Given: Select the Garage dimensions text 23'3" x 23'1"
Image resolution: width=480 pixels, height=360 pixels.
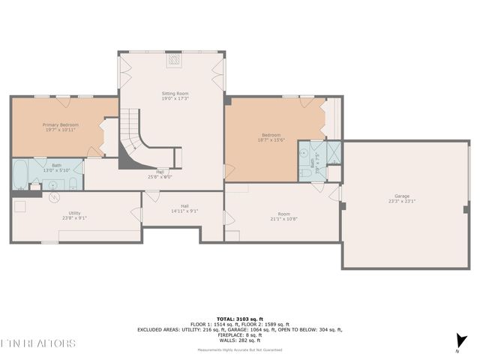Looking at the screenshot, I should click(401, 201).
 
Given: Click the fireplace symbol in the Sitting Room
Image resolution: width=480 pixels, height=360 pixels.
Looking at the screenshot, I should click(174, 60).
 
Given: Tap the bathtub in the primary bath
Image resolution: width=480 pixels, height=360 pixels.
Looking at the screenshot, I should click(19, 174).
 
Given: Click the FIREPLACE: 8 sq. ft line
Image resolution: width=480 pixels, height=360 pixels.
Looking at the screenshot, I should click(239, 334).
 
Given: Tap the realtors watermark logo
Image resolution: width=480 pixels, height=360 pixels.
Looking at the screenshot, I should click(37, 343).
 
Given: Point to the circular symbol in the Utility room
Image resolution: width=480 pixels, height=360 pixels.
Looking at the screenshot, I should click(54, 198).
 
